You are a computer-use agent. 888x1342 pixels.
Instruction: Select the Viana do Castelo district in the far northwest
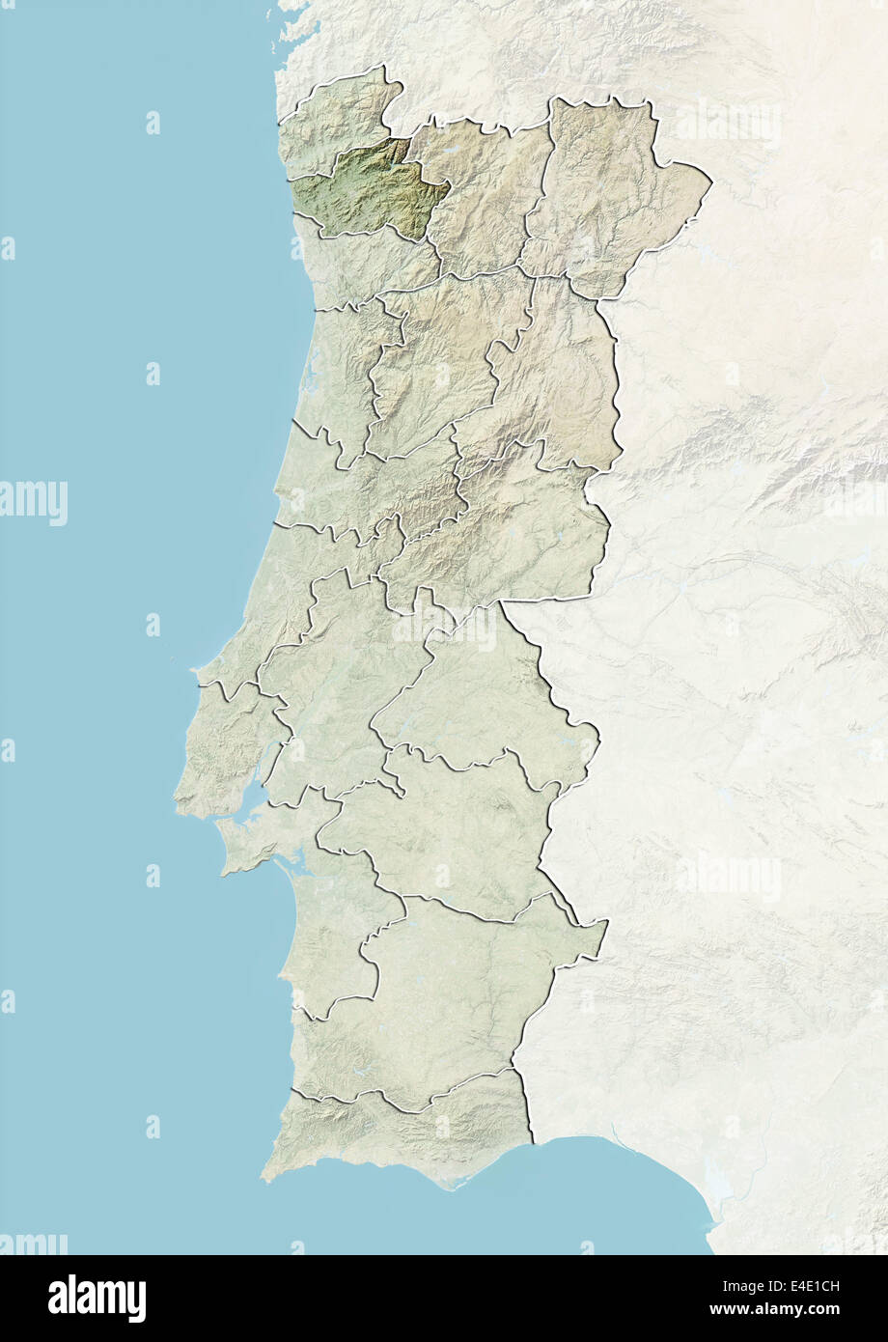(338, 116)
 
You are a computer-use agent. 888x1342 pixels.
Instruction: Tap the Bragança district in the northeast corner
(608, 193)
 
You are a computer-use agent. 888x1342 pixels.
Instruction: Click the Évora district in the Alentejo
(444, 840)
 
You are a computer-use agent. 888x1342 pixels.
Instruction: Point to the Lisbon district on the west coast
(227, 743)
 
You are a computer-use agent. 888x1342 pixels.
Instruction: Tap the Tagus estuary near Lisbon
(253, 797)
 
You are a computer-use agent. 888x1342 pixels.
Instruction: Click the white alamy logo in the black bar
(97, 1298)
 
